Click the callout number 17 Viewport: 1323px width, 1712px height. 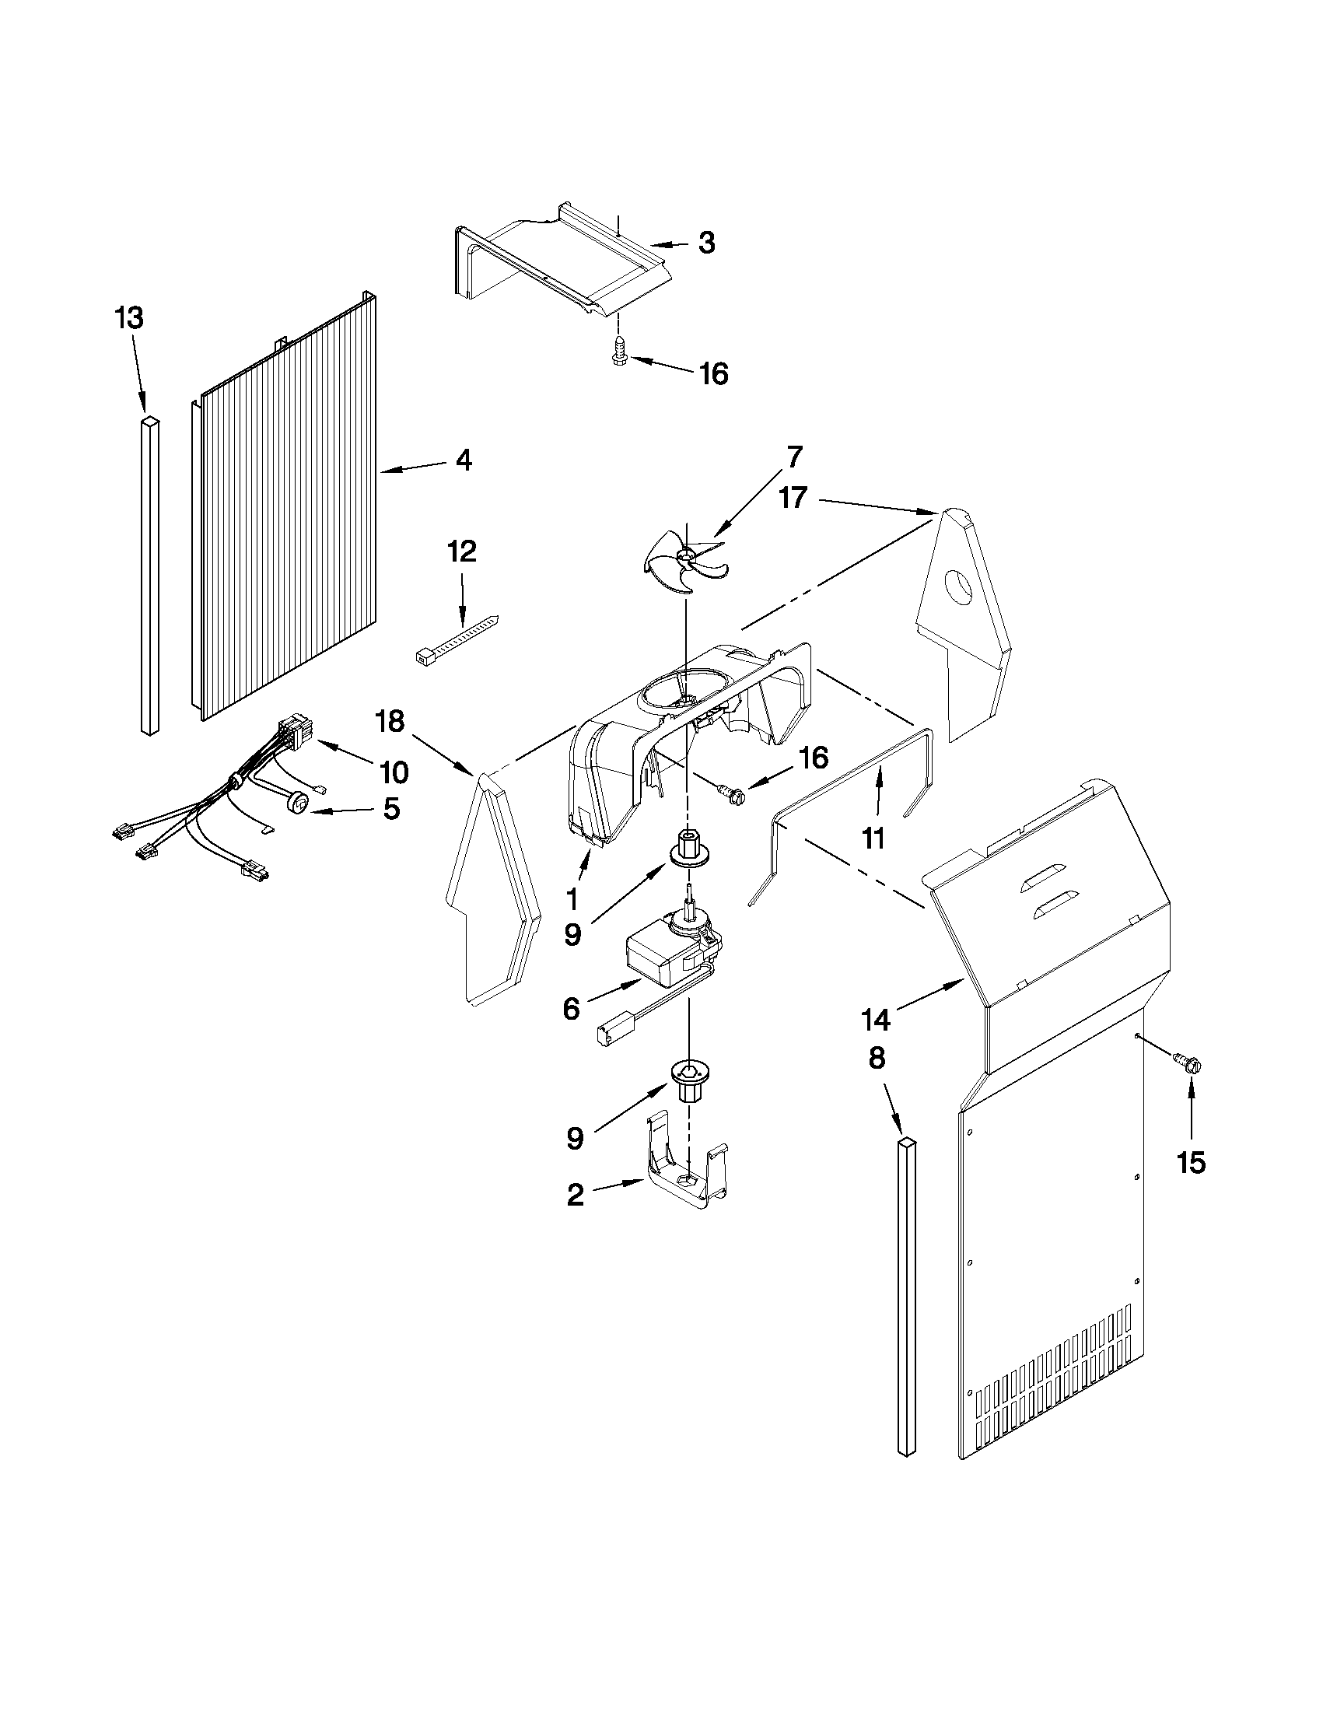pyautogui.click(x=793, y=497)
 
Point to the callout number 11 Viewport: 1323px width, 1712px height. pyautogui.click(x=873, y=838)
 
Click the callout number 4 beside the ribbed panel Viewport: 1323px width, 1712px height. pyautogui.click(x=464, y=460)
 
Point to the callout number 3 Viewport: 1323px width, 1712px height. pyautogui.click(x=706, y=242)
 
